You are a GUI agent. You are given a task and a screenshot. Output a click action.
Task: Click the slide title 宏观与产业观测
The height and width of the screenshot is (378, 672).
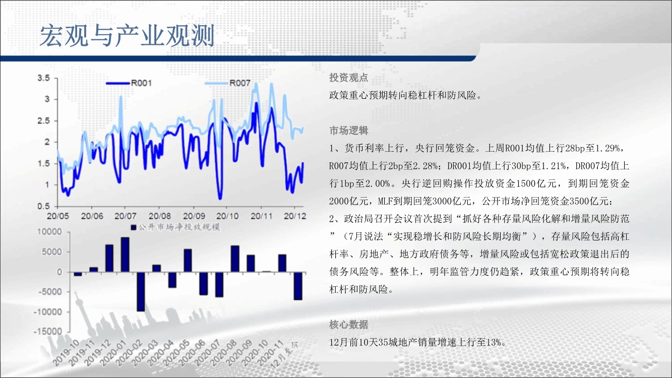point(127,36)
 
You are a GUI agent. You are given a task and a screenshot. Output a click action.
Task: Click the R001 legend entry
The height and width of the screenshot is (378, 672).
point(129,83)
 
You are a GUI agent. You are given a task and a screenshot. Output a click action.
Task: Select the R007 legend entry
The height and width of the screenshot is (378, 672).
point(228,83)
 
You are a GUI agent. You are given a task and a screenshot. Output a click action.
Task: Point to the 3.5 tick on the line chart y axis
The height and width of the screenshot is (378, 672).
point(43,78)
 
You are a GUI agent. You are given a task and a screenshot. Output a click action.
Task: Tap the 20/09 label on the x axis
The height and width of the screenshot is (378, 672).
point(194,216)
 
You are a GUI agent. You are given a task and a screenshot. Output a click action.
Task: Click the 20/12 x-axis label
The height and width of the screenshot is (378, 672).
point(295,216)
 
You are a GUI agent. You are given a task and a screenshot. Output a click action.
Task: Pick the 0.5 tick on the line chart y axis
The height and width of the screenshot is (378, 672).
point(43,207)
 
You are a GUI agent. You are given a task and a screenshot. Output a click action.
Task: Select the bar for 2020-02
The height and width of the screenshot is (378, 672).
point(141,292)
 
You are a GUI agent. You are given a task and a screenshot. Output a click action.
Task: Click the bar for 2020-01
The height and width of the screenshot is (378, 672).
point(125,255)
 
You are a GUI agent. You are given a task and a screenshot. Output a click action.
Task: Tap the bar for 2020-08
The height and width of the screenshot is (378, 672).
point(235,259)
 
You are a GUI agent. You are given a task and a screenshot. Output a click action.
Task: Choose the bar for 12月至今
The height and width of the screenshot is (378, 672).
point(298,286)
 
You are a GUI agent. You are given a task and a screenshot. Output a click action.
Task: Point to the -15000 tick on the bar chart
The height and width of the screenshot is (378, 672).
point(48,332)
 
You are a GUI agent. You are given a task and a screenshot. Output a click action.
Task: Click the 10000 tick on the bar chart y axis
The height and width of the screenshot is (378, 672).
point(49,232)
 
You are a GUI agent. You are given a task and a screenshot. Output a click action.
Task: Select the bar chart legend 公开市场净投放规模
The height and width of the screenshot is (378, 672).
point(175,227)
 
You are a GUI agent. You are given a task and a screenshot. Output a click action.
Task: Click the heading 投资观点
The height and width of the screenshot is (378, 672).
point(348,78)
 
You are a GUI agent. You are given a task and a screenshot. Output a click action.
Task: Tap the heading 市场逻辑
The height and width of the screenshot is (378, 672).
point(348,131)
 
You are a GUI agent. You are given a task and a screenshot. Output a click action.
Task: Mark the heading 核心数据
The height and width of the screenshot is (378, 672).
point(348,325)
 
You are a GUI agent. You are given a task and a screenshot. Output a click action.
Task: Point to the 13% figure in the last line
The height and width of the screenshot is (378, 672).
point(493,342)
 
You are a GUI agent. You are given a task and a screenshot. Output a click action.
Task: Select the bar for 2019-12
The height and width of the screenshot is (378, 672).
point(109,258)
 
